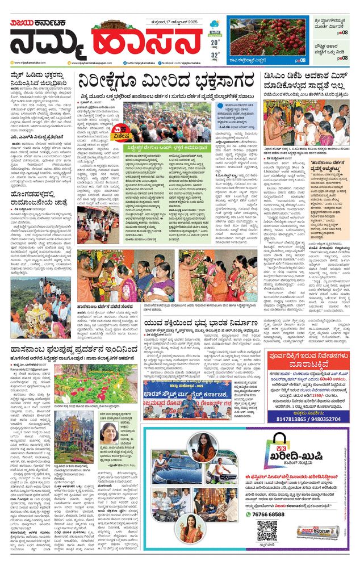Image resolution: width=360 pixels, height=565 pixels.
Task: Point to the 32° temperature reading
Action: (x=215, y=55)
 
